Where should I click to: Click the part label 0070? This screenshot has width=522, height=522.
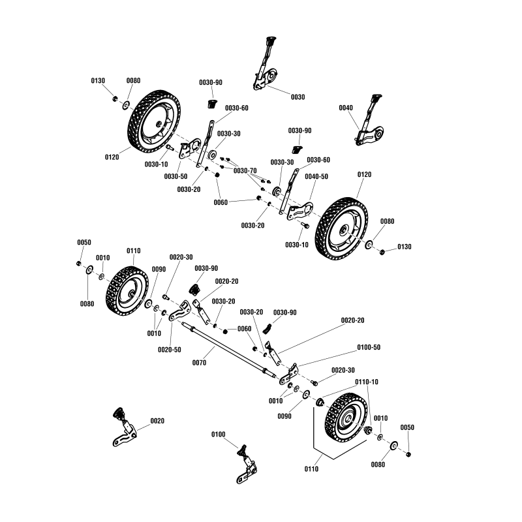tap(199, 362)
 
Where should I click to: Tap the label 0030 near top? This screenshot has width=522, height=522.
tap(298, 97)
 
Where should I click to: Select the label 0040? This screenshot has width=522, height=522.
tap(346, 108)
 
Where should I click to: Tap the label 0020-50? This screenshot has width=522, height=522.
tap(168, 350)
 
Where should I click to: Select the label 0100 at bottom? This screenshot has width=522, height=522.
tap(219, 434)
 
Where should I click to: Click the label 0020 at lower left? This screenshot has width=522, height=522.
tap(157, 421)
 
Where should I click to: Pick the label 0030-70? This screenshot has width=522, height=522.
tap(245, 170)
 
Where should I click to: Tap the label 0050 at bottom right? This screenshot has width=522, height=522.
tap(407, 427)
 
